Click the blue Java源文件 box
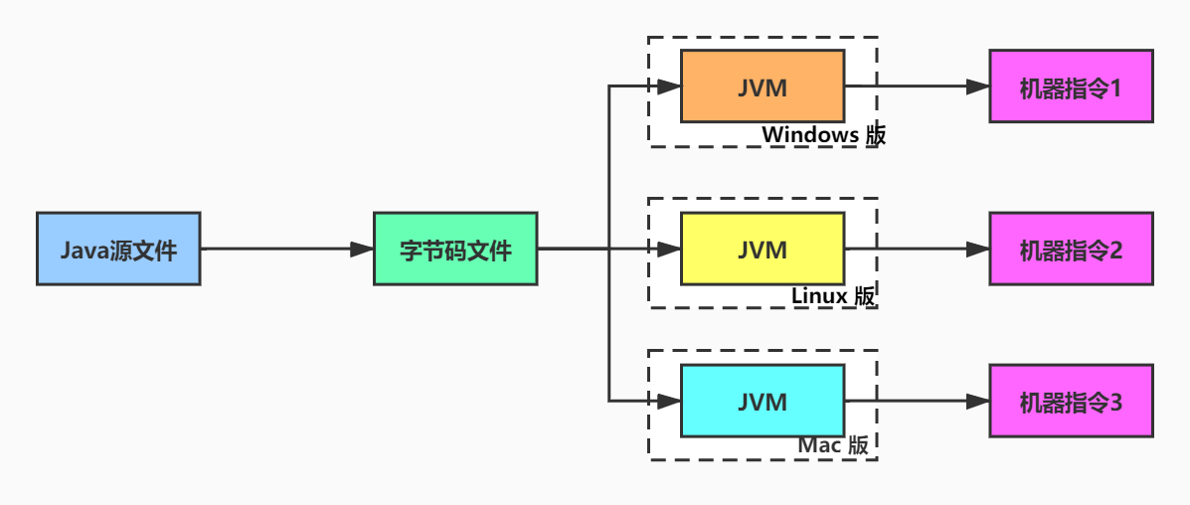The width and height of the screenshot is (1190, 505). point(118,249)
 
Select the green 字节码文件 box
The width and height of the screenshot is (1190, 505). point(455,249)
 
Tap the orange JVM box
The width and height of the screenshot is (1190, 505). point(763,86)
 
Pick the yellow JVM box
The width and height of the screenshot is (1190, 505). point(763,249)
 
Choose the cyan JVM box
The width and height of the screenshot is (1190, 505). point(763,401)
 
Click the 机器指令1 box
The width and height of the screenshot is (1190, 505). point(1071,86)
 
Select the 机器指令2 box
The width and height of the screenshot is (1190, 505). point(1071,249)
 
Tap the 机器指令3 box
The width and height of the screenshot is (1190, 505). point(1071,401)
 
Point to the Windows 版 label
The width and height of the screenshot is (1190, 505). point(823,135)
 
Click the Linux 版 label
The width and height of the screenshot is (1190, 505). point(834,295)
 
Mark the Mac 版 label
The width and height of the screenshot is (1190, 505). point(833,445)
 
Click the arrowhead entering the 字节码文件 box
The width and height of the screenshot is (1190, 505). point(362,249)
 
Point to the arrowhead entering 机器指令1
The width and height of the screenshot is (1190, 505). point(978,86)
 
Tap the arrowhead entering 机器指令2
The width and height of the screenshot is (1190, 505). point(978,249)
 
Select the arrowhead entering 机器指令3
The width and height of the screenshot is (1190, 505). point(978,401)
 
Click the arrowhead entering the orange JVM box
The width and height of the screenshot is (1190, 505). point(669,86)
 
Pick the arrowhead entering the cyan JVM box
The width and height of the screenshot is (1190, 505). point(669,401)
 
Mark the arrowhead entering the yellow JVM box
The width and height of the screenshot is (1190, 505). point(669,249)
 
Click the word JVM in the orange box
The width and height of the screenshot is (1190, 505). point(763,87)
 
